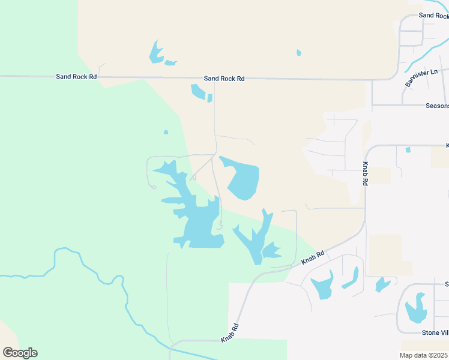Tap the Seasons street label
tap(437, 106)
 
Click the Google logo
tap(20, 353)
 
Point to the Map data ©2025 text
tap(424, 355)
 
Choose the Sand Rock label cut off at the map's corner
tap(434, 16)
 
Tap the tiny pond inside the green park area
tap(166, 132)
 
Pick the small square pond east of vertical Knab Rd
tap(408, 149)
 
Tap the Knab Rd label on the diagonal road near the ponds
tap(313, 257)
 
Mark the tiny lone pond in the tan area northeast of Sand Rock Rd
tap(299, 53)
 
